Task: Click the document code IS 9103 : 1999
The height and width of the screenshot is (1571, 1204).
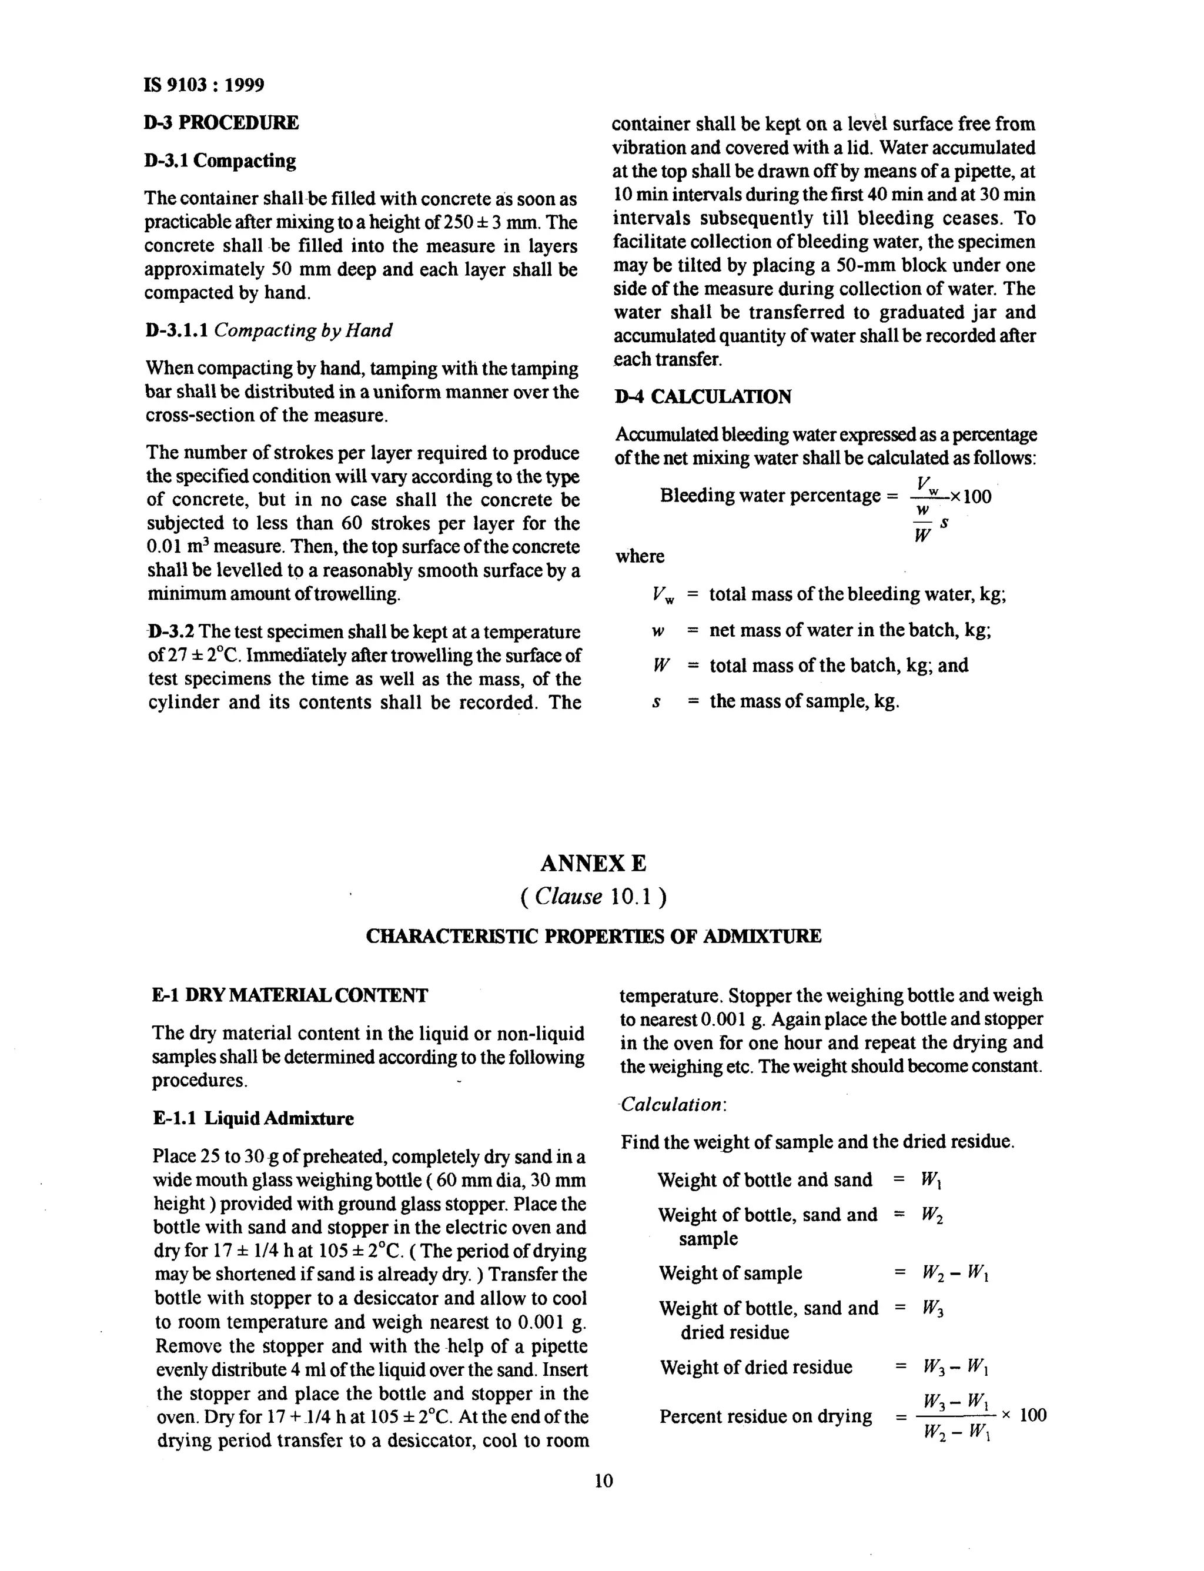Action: point(203,85)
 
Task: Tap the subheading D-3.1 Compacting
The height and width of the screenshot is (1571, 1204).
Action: point(219,161)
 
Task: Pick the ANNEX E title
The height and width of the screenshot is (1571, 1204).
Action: point(593,864)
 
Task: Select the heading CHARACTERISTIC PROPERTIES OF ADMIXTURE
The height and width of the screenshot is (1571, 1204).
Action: point(593,936)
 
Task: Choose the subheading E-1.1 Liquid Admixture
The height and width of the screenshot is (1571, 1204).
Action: point(253,1119)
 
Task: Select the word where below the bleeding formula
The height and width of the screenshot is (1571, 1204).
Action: point(639,556)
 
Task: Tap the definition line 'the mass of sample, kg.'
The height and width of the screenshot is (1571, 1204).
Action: point(804,701)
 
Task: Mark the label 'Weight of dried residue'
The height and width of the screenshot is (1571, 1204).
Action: point(756,1367)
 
